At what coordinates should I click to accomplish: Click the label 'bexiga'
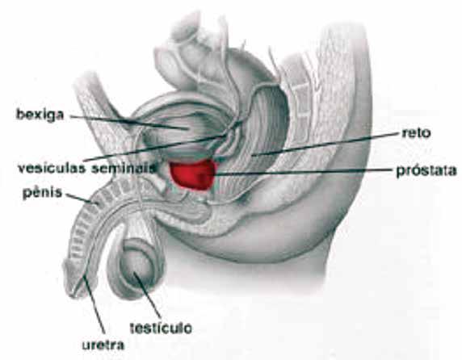(40, 115)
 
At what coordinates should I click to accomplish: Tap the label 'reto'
(416, 133)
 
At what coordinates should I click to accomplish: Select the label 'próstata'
(426, 171)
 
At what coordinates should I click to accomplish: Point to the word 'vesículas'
(52, 169)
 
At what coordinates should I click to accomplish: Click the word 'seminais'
(123, 169)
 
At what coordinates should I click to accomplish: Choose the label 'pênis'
(43, 193)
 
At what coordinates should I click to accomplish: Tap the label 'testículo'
(161, 328)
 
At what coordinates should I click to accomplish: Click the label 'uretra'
(103, 345)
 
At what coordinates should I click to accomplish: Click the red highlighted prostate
(193, 174)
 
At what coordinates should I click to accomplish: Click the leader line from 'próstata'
(303, 172)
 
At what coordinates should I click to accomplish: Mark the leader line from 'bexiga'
(129, 122)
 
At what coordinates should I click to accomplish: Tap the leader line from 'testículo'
(147, 295)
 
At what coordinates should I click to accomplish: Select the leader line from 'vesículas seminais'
(155, 148)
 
